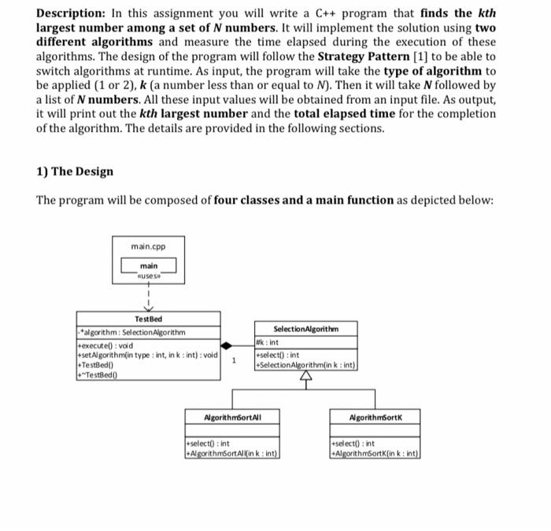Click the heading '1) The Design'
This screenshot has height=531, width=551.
[75, 171]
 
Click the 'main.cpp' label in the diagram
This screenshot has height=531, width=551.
[147, 246]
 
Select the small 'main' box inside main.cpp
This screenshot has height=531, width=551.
[148, 267]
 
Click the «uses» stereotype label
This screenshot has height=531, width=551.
[148, 276]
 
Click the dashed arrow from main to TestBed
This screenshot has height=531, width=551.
[148, 299]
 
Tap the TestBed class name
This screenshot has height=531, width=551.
[148, 319]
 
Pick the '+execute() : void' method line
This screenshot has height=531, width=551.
[106, 345]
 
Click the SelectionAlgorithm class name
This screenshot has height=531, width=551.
[305, 328]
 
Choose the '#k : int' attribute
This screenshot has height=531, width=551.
[270, 342]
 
